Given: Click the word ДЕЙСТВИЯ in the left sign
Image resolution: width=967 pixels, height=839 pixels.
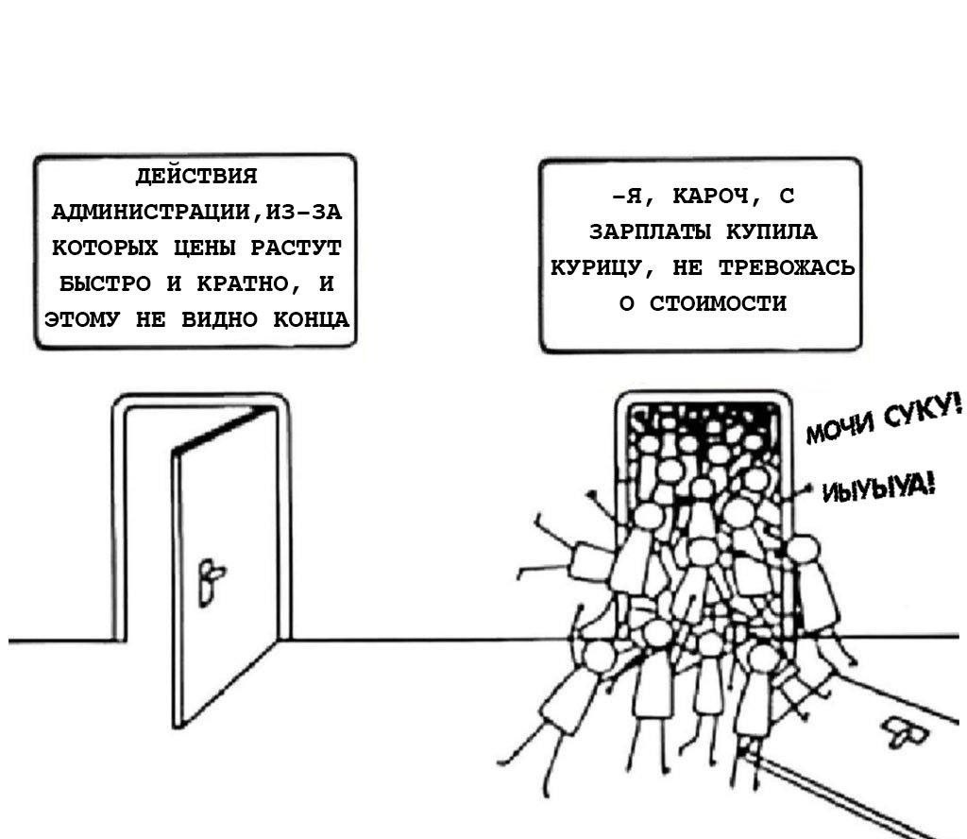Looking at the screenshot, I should (195, 176).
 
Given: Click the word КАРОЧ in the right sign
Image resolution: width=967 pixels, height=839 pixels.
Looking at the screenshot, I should (707, 197).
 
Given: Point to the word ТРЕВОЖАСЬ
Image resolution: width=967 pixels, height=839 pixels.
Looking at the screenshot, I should (787, 268).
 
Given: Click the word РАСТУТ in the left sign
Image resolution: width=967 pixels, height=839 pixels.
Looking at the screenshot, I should (294, 248).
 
